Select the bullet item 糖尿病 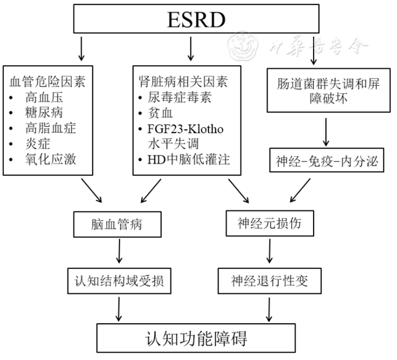point(37,113)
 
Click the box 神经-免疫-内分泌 point(326,162)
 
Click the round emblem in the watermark point(243,46)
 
